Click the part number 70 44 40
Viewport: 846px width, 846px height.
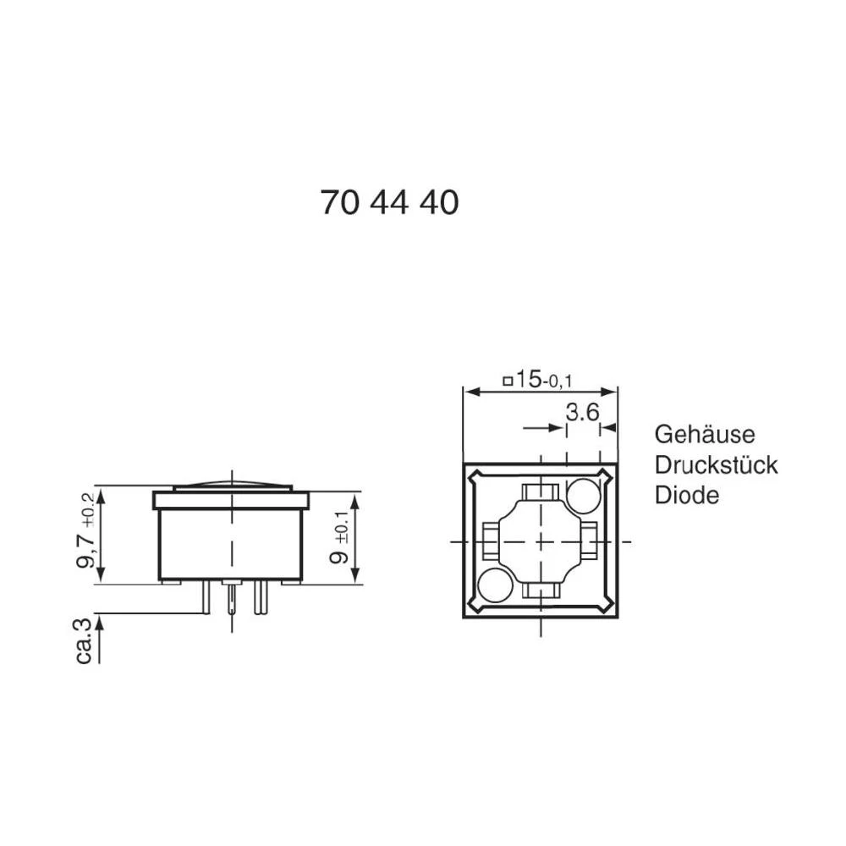tap(389, 203)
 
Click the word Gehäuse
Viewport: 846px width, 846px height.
tap(704, 434)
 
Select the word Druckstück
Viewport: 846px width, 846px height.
tap(716, 464)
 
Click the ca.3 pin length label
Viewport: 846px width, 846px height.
tap(85, 640)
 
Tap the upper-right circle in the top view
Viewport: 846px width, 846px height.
tap(583, 495)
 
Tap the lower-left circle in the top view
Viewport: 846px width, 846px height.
tap(496, 585)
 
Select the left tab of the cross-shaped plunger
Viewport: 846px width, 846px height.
tap(490, 541)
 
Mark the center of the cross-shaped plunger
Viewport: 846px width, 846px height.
tap(540, 541)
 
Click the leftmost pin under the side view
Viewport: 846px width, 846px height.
tap(206, 599)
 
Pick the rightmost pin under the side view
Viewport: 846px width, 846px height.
tap(262, 598)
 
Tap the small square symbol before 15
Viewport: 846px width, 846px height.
tap(508, 382)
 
